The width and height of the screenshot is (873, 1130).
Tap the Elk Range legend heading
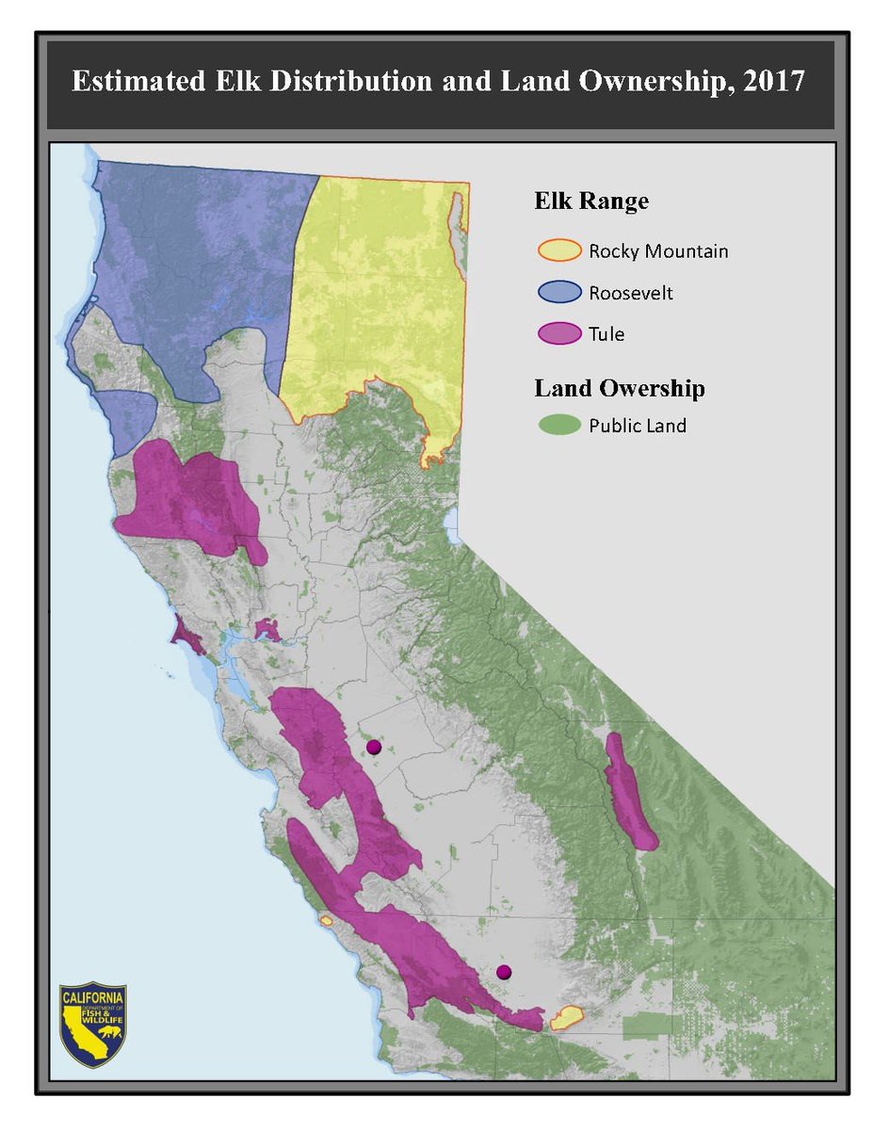point(590,201)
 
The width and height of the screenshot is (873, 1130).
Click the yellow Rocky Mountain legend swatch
point(558,251)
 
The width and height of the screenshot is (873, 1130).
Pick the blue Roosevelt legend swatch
point(558,293)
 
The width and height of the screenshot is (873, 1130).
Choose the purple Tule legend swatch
point(558,334)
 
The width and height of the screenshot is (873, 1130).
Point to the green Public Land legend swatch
point(558,426)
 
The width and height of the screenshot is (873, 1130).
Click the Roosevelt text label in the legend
point(631,293)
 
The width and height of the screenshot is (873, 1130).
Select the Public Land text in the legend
point(638,426)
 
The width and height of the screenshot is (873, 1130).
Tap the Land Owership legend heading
point(620,387)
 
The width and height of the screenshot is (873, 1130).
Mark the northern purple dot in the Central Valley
point(373,747)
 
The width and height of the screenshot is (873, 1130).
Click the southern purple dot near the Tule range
point(504,972)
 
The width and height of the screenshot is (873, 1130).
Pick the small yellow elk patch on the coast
point(326,920)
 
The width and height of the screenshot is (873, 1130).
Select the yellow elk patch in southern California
point(567,1017)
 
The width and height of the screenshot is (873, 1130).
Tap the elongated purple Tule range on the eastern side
point(628,791)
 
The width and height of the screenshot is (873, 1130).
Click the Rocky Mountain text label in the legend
point(658,251)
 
